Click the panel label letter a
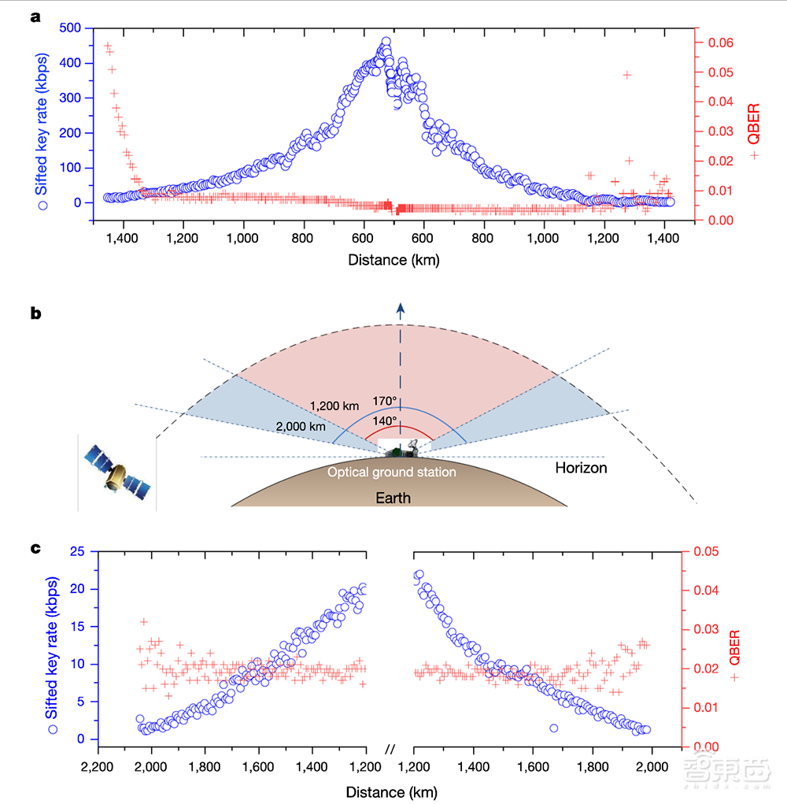tap(35, 17)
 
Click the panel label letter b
tap(35, 313)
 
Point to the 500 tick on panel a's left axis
tap(70, 28)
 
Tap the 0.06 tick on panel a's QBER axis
tap(716, 43)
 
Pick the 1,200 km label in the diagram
tap(335, 406)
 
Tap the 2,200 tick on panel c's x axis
tap(97, 766)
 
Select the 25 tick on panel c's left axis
tap(77, 551)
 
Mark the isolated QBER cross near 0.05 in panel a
tap(627, 75)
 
